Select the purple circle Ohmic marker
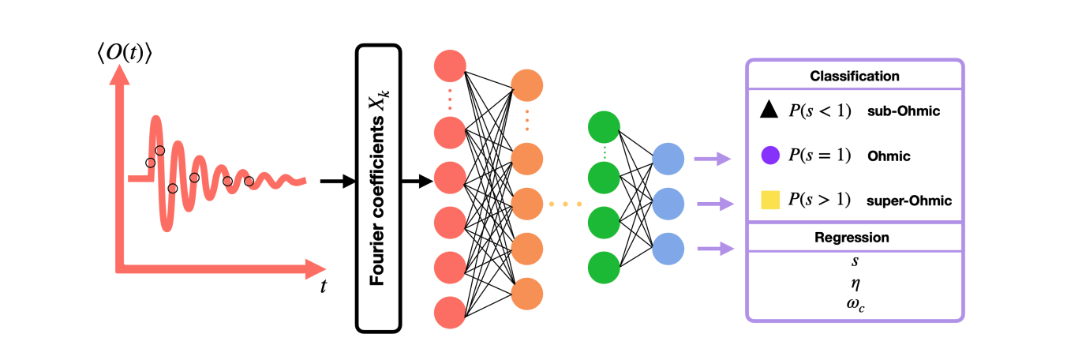tap(770, 156)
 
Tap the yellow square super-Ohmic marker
tap(770, 201)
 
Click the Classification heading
tap(855, 77)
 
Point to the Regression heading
tap(855, 238)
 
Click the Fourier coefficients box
tap(379, 188)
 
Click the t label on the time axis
tap(323, 287)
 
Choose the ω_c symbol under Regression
tap(855, 301)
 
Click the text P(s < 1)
tap(819, 112)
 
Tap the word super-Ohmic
tap(909, 201)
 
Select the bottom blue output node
tap(668, 249)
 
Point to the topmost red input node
tap(450, 65)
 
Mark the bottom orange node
tap(526, 294)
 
